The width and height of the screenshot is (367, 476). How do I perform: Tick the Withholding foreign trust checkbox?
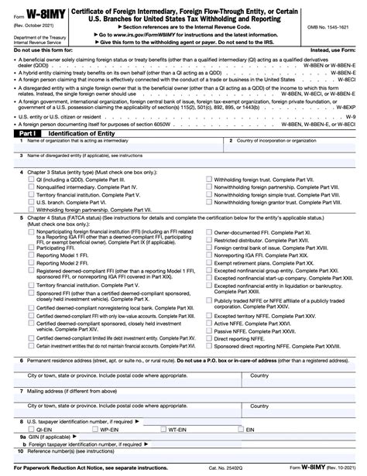click(208, 179)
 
